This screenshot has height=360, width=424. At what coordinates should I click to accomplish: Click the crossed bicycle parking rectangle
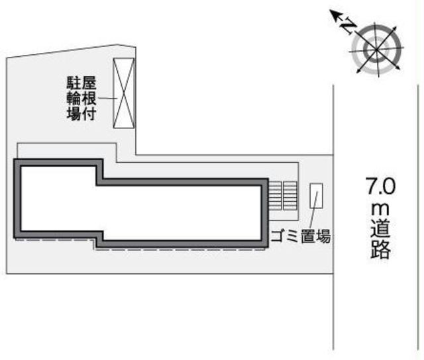[x=124, y=93]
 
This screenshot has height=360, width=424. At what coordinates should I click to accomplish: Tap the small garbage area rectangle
[x=316, y=196]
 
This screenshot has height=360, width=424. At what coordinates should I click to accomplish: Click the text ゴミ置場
[x=300, y=236]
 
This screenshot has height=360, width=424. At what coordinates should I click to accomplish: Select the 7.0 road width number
[x=380, y=186]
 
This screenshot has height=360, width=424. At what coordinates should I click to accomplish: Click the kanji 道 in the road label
[x=380, y=230]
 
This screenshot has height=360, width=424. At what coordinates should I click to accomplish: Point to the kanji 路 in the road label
[x=380, y=249]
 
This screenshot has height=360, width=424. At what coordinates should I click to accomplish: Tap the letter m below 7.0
[x=380, y=209]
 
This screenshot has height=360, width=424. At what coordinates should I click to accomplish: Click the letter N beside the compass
[x=348, y=26]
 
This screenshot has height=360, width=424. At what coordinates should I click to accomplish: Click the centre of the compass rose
[x=376, y=50]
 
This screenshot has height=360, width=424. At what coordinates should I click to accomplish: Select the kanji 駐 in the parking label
[x=74, y=83]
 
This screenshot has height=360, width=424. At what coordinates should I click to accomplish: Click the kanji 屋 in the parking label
[x=89, y=83]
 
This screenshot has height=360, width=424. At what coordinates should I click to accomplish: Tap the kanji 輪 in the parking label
[x=74, y=98]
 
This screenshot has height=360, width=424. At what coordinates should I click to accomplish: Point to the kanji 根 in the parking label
[x=89, y=98]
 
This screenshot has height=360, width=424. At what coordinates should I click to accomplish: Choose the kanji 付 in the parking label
[x=89, y=113]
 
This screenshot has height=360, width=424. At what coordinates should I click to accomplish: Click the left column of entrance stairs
[x=275, y=196]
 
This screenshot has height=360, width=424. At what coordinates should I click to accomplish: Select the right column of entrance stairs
[x=290, y=196]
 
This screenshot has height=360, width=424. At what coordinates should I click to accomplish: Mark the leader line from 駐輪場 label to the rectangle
[x=107, y=98]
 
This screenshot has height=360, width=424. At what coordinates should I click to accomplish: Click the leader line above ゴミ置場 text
[x=315, y=210]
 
